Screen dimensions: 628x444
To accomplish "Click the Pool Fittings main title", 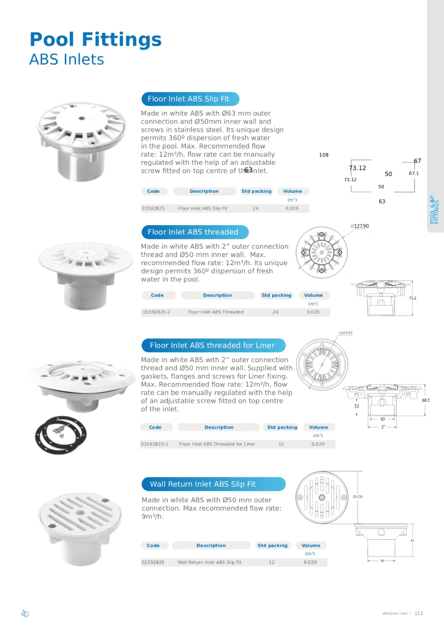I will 95,40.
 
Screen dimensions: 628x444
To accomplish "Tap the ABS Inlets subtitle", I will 67,60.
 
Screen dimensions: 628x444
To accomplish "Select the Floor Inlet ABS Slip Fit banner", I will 190,99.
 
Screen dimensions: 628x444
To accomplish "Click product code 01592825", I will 153,208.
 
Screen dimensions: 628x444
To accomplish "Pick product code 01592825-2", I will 156,312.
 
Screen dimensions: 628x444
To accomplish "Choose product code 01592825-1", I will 155,444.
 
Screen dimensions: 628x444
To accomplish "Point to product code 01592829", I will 153,562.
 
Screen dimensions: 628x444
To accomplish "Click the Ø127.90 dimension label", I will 360,226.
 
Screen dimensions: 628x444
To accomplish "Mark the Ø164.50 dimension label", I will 345,333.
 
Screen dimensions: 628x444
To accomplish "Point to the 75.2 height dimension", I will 412,298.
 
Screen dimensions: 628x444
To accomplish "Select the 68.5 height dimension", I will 425,400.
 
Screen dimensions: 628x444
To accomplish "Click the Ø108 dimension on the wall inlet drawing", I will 358,497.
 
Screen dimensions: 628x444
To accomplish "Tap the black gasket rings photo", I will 61,435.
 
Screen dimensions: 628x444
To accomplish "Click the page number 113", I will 419,613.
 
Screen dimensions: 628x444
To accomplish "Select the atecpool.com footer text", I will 395,613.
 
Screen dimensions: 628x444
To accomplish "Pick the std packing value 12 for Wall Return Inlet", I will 271,562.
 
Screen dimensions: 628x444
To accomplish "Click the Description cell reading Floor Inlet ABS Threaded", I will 216,312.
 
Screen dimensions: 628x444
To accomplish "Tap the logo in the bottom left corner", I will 25,613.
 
